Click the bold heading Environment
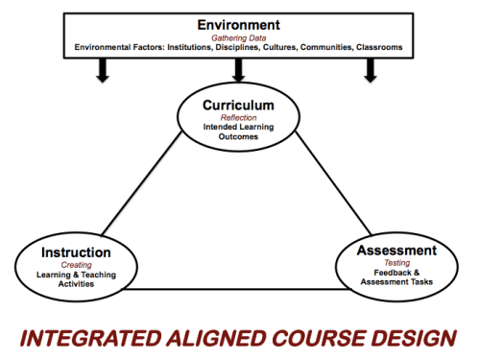tap(239, 23)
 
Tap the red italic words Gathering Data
tap(239, 36)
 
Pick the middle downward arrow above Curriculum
tap(239, 71)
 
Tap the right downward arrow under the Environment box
tap(371, 71)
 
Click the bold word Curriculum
tap(239, 104)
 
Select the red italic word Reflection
tap(239, 116)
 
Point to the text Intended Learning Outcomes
tap(239, 130)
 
